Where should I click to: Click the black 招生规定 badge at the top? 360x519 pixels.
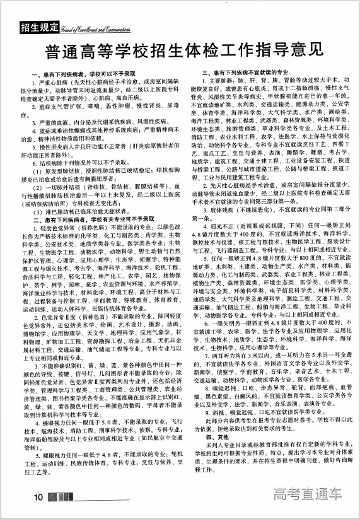40,27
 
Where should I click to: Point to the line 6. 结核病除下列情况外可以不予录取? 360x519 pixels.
88,161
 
